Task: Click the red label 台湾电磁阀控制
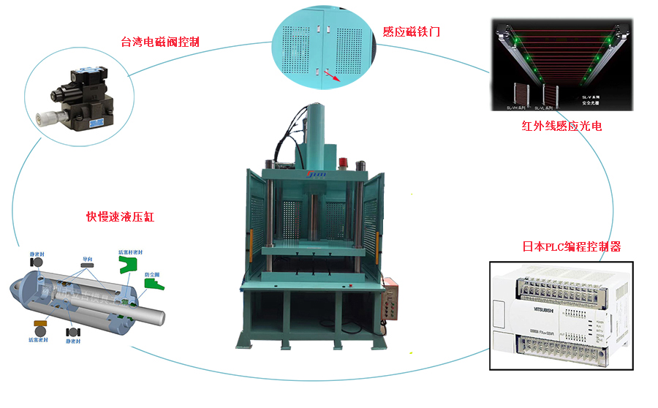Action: click(x=160, y=41)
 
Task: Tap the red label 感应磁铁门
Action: click(x=412, y=31)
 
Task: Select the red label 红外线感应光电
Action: click(x=561, y=126)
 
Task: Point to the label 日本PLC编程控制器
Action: click(x=572, y=246)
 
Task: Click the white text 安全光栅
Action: click(x=591, y=103)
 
